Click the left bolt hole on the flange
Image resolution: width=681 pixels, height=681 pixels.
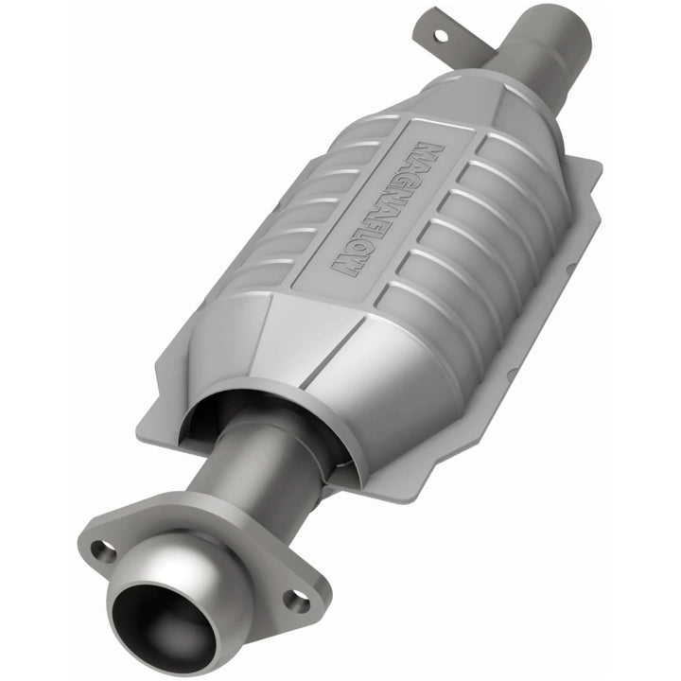tap(104, 550)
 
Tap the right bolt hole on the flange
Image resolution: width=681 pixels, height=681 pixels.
tap(298, 599)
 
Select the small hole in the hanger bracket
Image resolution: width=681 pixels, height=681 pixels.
tap(438, 35)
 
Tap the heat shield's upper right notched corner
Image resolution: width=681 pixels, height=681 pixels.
tap(591, 170)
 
